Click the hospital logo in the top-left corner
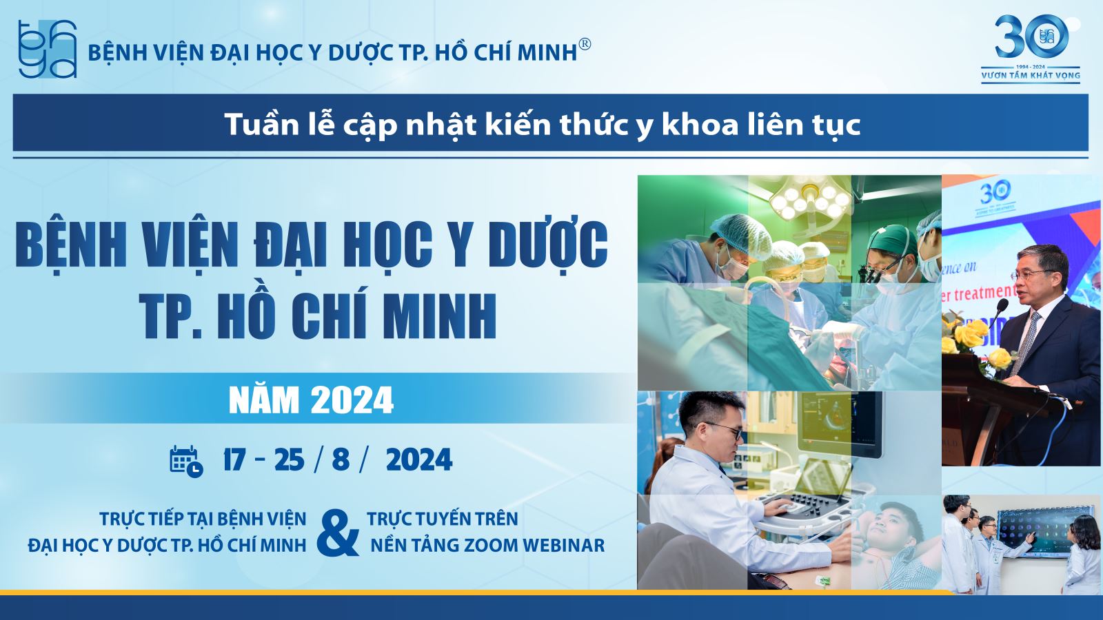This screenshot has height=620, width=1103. click(x=48, y=49)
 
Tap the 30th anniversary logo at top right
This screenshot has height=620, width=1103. click(x=1031, y=49)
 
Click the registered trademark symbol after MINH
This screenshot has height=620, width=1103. click(x=585, y=44)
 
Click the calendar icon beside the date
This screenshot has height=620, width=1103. click(x=186, y=462)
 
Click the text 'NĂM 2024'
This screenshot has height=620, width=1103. click(x=311, y=400)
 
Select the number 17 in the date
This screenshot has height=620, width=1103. click(x=234, y=460)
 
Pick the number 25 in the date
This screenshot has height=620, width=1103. click(x=289, y=460)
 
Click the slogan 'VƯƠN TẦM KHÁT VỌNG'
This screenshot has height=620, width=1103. click(x=1031, y=76)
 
